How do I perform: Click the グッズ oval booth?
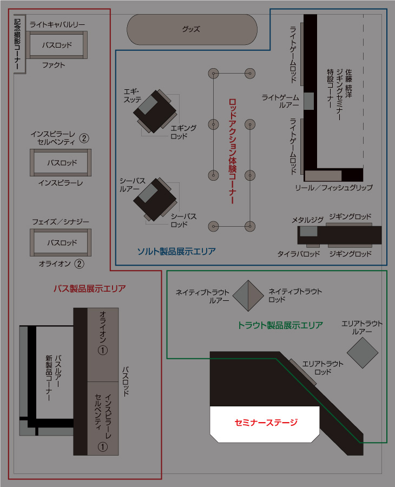tap(192, 29)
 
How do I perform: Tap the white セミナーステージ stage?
tap(265, 423)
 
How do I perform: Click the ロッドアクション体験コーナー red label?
tap(233, 151)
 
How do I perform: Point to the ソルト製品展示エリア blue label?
tap(176, 251)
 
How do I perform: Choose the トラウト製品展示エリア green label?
tap(280, 325)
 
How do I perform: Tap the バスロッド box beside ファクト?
tap(57, 45)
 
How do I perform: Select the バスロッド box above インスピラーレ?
tap(61, 162)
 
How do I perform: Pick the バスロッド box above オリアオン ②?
tap(61, 243)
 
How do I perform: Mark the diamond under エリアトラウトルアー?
tap(362, 352)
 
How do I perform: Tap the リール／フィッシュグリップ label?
tap(333, 187)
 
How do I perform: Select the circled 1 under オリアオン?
tap(102, 350)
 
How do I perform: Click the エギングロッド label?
tap(183, 132)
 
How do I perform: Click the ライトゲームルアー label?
tap(280, 101)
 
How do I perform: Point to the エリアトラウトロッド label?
tap(322, 368)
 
